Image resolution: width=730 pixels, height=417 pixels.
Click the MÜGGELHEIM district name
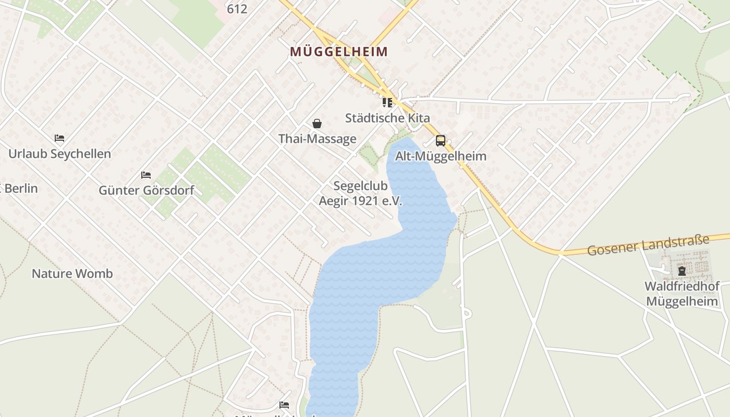pos(339,52)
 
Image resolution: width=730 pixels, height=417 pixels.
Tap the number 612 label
pos(237,9)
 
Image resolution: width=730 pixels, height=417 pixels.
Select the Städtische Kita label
pos(387,118)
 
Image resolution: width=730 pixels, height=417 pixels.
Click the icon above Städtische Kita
pos(387,102)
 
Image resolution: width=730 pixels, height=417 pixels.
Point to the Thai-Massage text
pos(317,139)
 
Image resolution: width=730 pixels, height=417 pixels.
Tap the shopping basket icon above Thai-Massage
pos(317,124)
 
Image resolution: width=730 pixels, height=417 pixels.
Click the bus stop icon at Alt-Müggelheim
pos(441,140)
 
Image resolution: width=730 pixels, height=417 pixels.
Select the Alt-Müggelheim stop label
pos(441,156)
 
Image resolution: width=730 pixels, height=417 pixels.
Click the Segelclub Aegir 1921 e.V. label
pos(360,193)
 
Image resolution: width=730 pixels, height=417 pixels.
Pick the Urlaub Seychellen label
pos(59,154)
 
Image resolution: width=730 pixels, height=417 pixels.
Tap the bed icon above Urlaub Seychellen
pos(59,138)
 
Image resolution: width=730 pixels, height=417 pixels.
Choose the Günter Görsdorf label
pos(146,190)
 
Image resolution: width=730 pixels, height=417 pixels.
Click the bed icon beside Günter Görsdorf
pos(146,175)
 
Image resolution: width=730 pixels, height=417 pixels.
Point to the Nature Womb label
pos(72,274)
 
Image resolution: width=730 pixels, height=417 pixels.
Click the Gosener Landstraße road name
pos(648,245)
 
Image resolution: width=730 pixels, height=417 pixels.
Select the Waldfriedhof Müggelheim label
pos(682,293)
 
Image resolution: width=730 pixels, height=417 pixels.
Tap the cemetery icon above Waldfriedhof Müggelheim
pos(682,271)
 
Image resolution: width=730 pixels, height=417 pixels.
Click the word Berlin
pos(21,188)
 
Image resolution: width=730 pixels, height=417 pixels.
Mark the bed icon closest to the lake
pos(284,404)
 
